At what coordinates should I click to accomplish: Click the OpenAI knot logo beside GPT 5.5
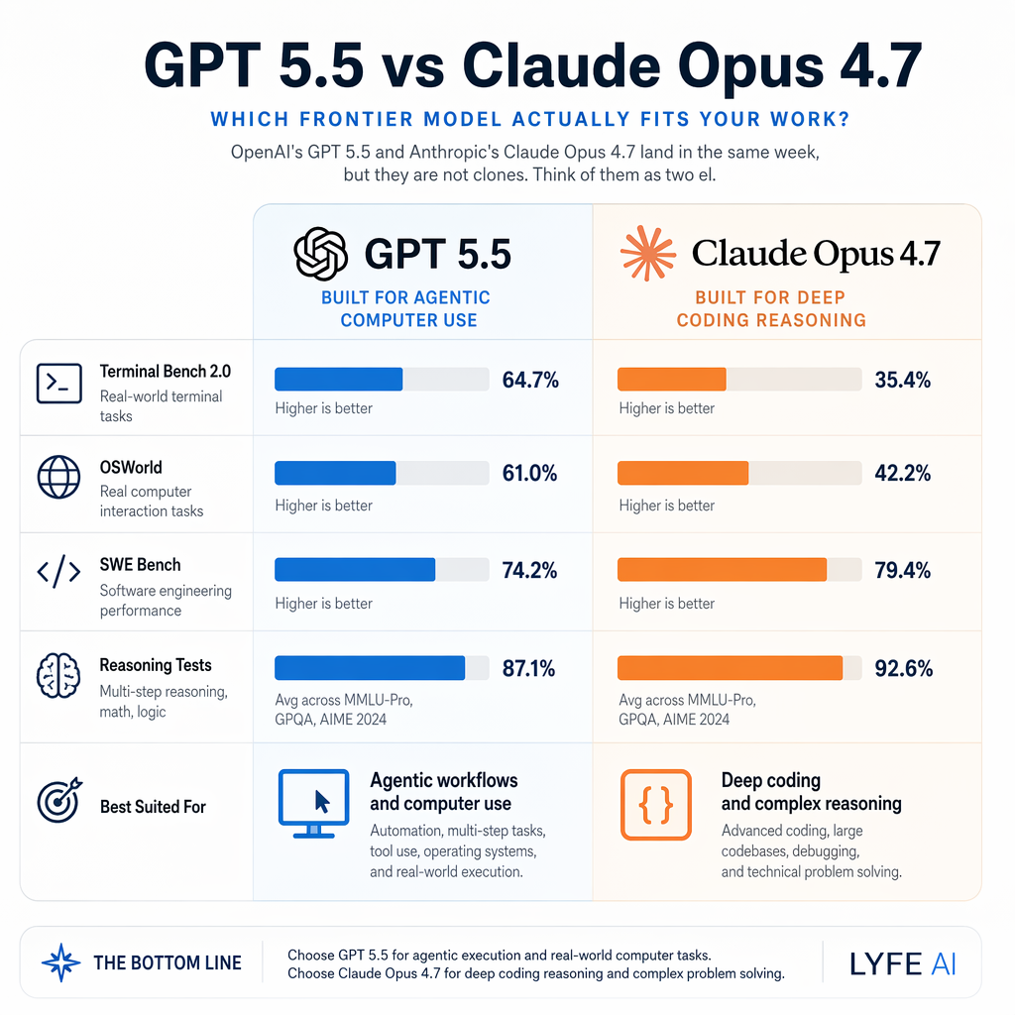(x=320, y=254)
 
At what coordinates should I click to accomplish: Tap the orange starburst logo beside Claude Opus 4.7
(x=647, y=254)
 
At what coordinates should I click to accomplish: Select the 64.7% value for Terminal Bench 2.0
(x=530, y=380)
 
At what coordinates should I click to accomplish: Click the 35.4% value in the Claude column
(x=902, y=380)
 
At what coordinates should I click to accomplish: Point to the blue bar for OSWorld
(x=335, y=473)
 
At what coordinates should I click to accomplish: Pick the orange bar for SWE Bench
(x=722, y=569)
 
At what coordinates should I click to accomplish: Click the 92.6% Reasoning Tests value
(x=903, y=668)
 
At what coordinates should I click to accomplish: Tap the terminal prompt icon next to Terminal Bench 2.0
(x=58, y=384)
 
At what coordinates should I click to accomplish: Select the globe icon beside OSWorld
(x=58, y=477)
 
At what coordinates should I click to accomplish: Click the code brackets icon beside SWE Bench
(x=58, y=574)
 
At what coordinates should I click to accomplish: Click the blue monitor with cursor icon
(x=312, y=803)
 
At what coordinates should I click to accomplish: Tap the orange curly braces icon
(x=654, y=803)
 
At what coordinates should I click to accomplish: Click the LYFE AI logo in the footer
(x=903, y=962)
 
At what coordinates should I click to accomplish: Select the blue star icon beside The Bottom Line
(x=60, y=962)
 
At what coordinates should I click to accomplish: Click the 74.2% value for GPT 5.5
(x=530, y=570)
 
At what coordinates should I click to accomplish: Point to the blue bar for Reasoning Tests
(x=369, y=667)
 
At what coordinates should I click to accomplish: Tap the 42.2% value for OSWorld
(x=902, y=474)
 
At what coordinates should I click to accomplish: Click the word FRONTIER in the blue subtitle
(x=368, y=120)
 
